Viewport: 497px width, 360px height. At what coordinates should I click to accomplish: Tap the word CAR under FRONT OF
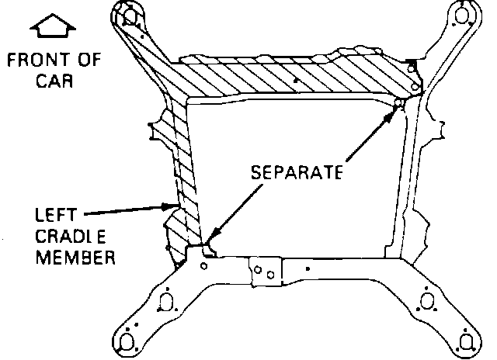click(x=54, y=80)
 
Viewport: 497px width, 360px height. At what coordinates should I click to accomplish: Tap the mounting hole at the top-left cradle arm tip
click(x=130, y=15)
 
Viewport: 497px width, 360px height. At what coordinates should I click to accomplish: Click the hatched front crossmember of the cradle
click(x=295, y=78)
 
